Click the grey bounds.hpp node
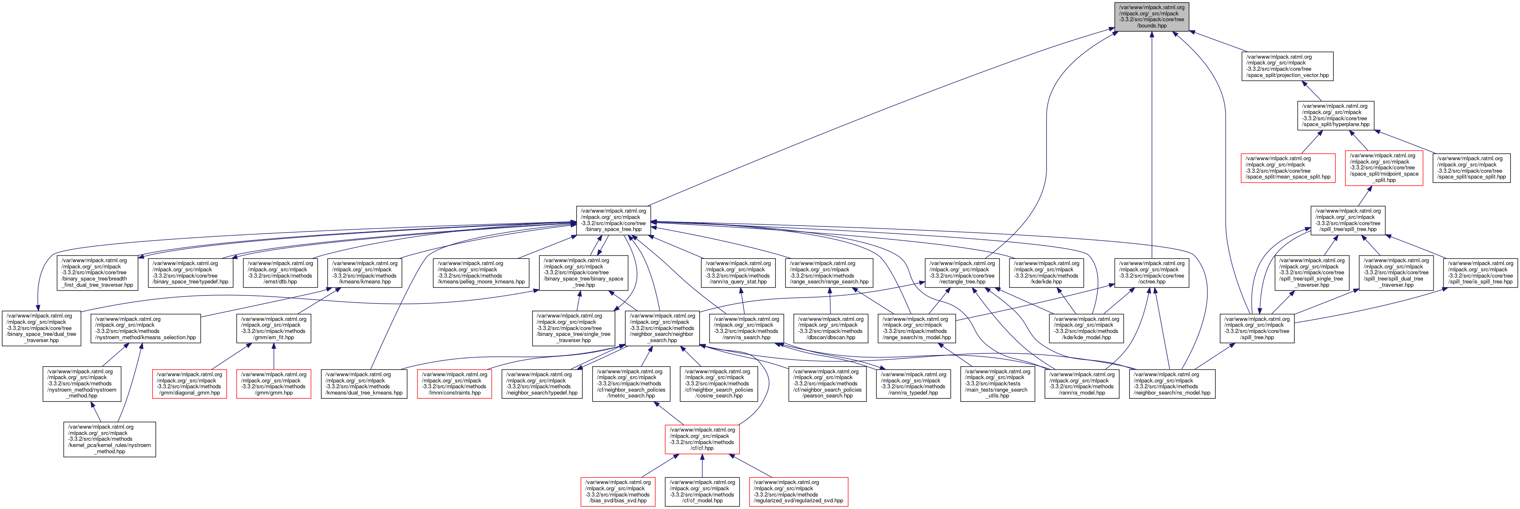[x=1151, y=17]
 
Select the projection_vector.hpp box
[x=1287, y=66]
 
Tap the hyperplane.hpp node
[x=1335, y=116]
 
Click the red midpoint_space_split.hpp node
[x=1384, y=168]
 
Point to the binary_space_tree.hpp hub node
[x=613, y=220]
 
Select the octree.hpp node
[x=1151, y=273]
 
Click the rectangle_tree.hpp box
[x=962, y=273]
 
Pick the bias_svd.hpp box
[x=617, y=491]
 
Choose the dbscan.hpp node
[x=830, y=328]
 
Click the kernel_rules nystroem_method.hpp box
[x=110, y=439]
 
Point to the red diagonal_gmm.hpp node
[x=190, y=384]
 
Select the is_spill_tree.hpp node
[x=1480, y=273]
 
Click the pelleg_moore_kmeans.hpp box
[x=481, y=273]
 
